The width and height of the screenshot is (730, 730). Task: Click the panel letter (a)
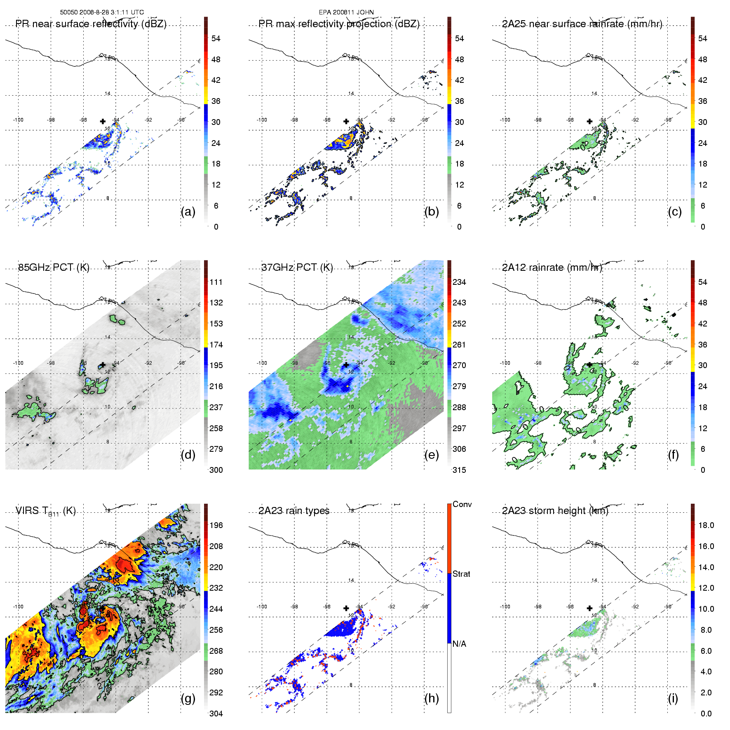[188, 212]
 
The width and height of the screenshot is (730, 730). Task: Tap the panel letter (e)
[431, 455]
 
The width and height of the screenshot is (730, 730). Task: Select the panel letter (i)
[673, 698]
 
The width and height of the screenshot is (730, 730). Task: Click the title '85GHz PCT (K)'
[54, 268]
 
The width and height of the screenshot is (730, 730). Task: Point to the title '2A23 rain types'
[294, 511]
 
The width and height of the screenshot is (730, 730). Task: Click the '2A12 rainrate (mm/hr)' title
[552, 268]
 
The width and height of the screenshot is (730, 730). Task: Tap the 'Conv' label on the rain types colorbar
[462, 504]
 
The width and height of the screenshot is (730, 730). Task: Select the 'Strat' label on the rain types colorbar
[461, 574]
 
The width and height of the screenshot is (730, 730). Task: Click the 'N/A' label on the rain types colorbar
[460, 644]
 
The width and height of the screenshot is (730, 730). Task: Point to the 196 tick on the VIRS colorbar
[216, 525]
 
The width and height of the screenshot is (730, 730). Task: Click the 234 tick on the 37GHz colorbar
[459, 282]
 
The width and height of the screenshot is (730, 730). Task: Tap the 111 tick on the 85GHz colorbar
[216, 282]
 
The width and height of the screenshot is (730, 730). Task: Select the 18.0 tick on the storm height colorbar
[706, 525]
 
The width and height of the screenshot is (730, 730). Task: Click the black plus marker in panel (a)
[103, 121]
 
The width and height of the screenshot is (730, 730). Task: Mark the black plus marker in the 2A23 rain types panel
[346, 608]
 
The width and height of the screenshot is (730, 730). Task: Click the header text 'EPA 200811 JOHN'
[346, 12]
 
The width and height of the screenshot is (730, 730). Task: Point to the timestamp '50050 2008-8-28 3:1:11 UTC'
[102, 12]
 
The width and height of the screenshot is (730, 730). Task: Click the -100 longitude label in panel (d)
[18, 363]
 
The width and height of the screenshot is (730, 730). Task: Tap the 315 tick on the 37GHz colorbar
[459, 470]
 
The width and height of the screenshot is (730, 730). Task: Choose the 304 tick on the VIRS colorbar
[216, 714]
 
